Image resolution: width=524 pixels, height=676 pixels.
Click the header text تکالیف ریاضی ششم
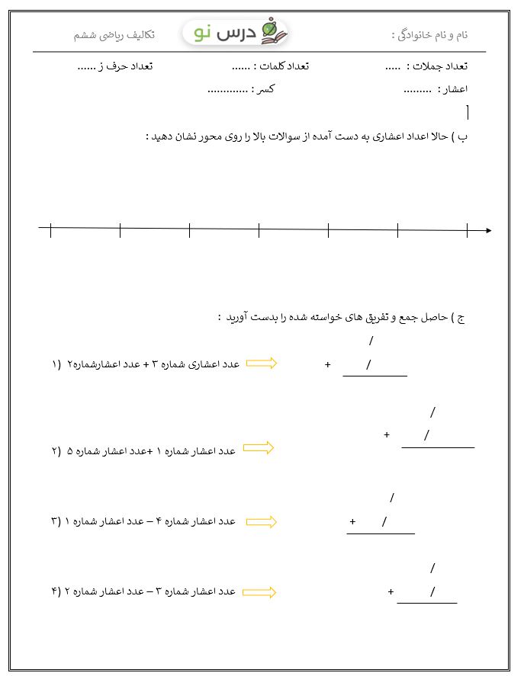114,35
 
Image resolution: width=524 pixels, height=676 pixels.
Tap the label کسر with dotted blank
265,89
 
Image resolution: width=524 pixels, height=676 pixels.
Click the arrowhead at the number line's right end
487,229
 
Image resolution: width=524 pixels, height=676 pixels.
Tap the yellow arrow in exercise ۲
258,448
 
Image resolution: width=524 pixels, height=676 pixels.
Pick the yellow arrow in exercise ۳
262,521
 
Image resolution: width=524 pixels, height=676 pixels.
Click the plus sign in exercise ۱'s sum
327,365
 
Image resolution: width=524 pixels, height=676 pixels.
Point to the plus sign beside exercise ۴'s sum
391,591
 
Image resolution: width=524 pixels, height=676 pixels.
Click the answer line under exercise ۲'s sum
437,447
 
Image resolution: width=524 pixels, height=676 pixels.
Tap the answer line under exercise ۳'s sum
381,533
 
